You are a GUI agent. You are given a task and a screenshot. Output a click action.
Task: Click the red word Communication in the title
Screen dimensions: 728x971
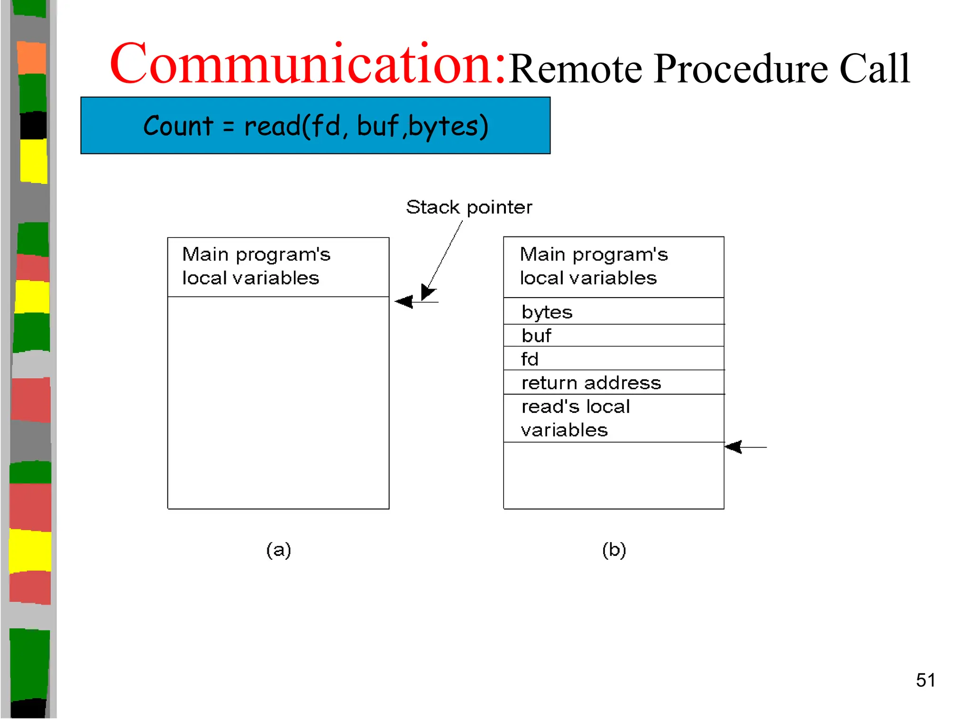coord(307,64)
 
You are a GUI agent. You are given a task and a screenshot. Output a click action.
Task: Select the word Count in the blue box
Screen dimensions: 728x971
coord(178,126)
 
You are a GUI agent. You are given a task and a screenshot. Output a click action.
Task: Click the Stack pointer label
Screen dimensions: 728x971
coord(468,208)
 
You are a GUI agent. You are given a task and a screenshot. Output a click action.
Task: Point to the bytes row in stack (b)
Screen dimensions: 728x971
coord(614,312)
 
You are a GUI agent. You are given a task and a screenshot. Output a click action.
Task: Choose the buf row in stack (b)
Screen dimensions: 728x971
coord(614,336)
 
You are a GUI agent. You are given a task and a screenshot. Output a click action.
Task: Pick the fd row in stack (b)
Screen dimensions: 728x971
coord(614,359)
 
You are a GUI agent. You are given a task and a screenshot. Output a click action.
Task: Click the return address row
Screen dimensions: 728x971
coord(614,382)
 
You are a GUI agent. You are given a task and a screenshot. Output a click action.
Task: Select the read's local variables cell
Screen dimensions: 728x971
coord(614,418)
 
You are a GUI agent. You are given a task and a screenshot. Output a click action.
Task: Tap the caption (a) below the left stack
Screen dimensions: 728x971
coord(278,550)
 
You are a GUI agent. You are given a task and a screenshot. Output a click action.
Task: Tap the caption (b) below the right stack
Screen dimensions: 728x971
coord(614,550)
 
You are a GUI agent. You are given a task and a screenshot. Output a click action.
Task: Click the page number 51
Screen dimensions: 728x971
coord(925,680)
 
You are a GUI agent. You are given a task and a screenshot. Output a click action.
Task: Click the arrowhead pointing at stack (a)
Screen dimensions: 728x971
coord(404,301)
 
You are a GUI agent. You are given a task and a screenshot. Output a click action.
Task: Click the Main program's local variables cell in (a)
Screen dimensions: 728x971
coord(278,267)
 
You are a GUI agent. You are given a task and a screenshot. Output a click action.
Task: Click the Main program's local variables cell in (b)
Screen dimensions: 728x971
coord(614,267)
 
